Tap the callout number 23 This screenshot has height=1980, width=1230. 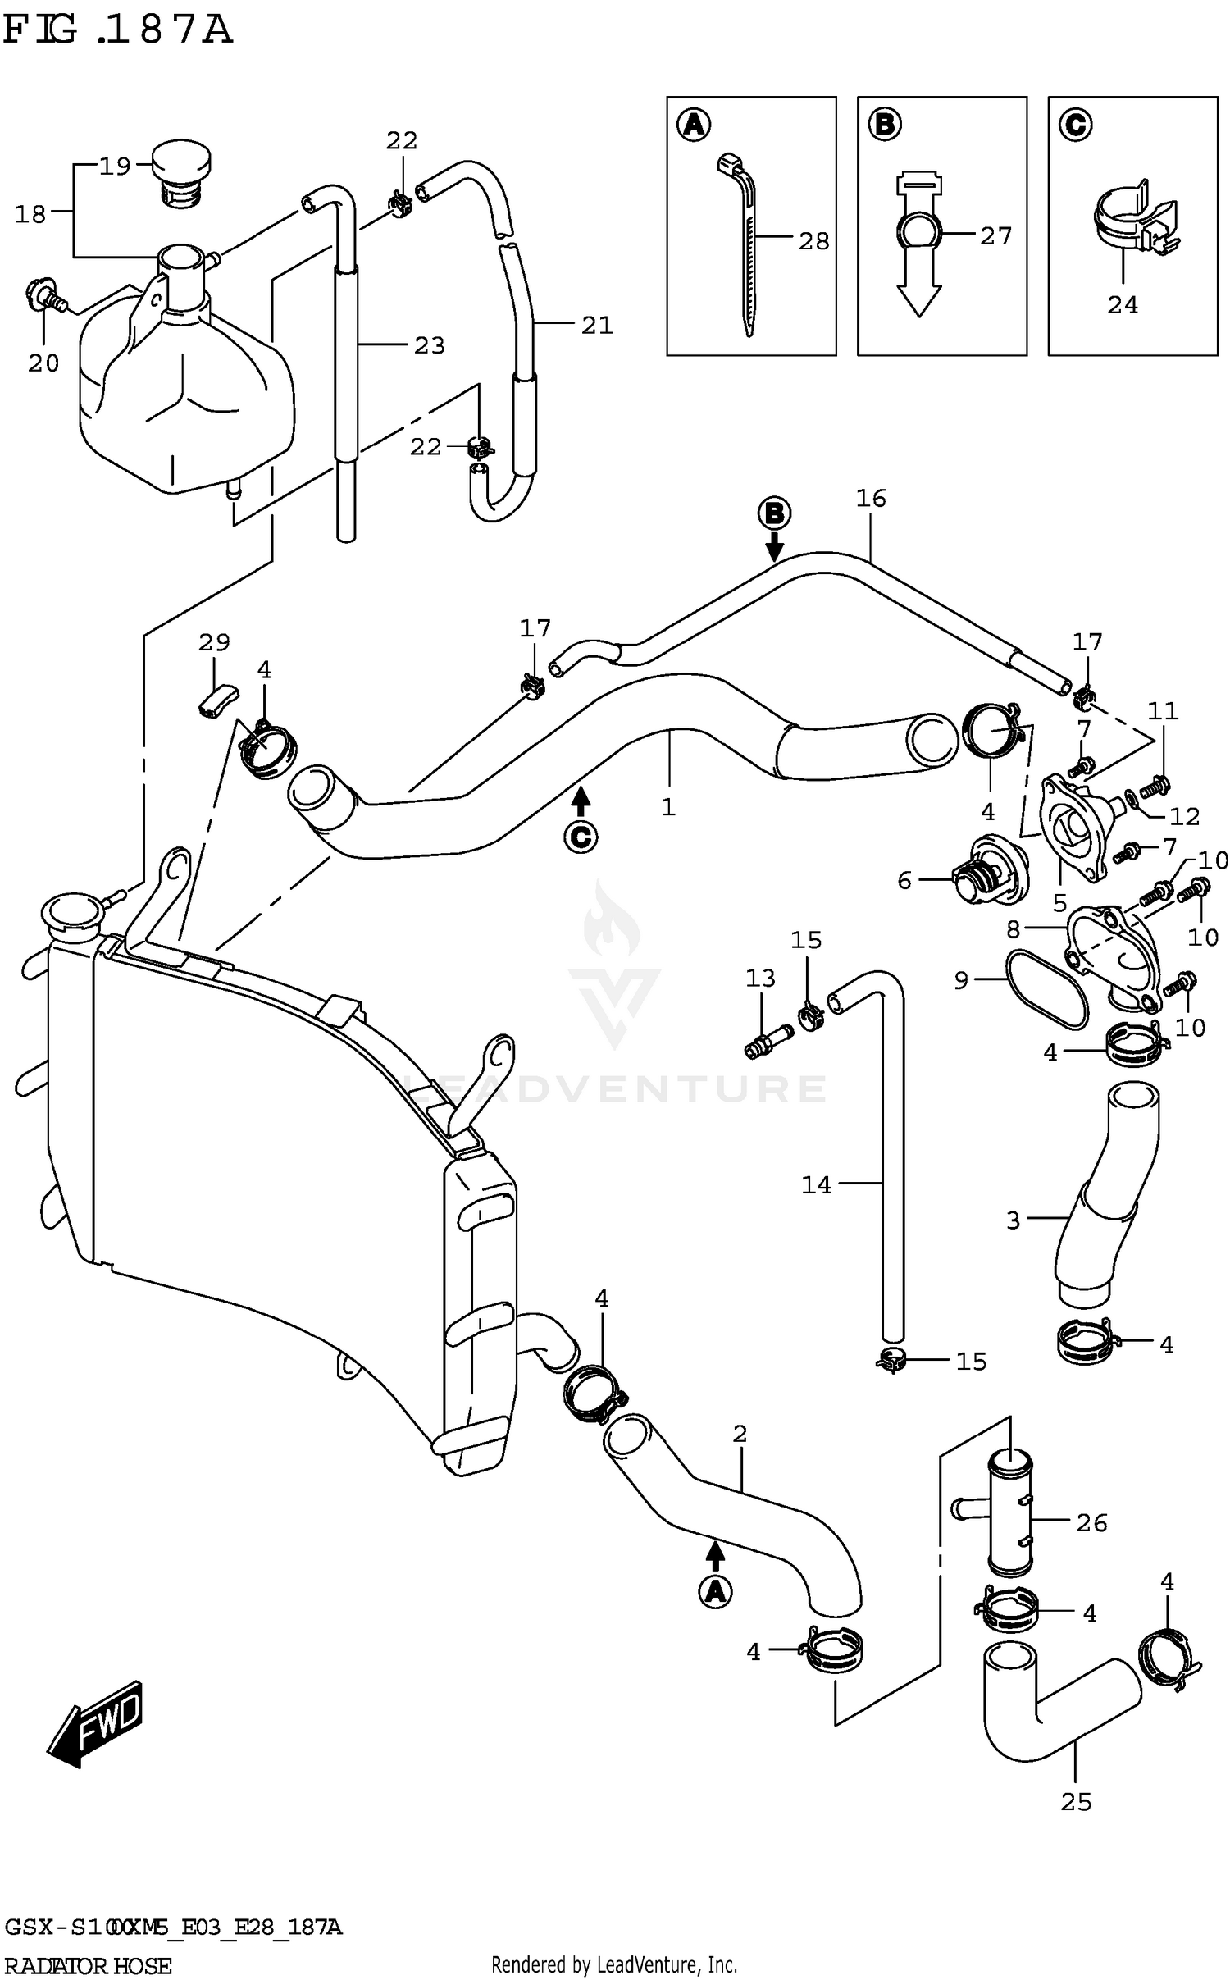point(428,345)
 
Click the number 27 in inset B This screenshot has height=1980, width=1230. point(995,236)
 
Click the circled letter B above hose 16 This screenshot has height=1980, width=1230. point(774,514)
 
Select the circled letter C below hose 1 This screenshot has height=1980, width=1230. point(581,837)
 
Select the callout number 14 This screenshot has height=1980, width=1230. point(816,1184)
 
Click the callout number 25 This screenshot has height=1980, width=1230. point(1076,1802)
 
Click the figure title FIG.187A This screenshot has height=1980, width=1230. point(117,31)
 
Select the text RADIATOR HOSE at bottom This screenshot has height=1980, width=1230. point(88,1966)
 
